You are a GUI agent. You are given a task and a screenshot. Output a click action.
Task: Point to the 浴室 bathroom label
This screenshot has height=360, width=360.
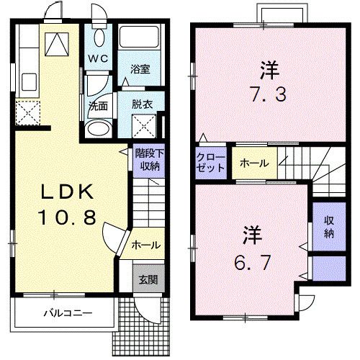click(x=140, y=69)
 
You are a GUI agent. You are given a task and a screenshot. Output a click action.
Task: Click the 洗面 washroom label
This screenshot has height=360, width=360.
click(x=99, y=105)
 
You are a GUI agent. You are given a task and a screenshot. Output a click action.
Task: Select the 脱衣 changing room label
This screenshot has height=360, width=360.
click(x=141, y=104)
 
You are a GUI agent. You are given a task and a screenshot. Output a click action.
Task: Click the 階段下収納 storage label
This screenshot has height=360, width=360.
click(x=148, y=159)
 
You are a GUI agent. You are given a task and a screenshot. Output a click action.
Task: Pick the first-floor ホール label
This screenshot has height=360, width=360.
click(x=145, y=246)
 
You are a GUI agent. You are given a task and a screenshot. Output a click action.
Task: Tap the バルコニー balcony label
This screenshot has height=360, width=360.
click(x=66, y=313)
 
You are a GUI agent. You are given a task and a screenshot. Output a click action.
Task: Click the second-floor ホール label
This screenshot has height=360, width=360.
click(x=254, y=163)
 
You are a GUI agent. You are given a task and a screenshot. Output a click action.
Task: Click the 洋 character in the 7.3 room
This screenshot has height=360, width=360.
click(x=269, y=71)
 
